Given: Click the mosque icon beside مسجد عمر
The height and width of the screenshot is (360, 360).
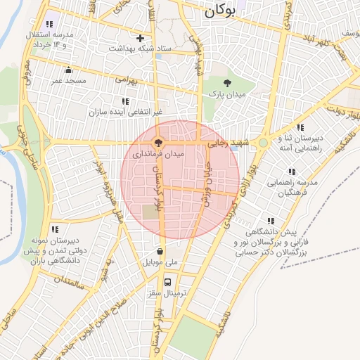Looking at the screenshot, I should tap(68, 70).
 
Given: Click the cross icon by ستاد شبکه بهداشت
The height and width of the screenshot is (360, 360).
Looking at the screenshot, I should tap(141, 38).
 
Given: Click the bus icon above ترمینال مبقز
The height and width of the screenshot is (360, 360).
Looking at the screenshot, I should tap(167, 282).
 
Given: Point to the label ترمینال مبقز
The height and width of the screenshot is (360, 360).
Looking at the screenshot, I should tap(167, 293).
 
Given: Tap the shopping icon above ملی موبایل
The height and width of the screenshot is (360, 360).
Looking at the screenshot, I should tap(161, 251).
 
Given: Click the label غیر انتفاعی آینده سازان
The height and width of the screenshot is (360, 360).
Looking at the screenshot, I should tap(125, 112).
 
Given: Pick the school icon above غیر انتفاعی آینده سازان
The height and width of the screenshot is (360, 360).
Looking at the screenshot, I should tap(125, 101).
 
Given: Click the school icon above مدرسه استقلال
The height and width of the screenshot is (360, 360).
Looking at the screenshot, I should tap(49, 24).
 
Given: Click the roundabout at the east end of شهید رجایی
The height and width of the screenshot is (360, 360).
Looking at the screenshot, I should tap(263, 143).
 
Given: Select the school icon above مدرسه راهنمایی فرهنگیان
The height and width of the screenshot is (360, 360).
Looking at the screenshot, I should tap(292, 172).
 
